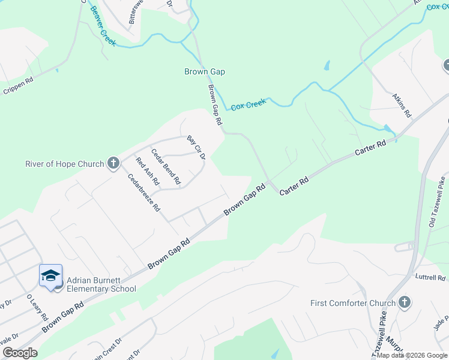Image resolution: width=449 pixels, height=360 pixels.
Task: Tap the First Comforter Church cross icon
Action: [x=404, y=302]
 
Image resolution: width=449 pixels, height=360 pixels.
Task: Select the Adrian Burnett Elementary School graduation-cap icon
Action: [x=50, y=275]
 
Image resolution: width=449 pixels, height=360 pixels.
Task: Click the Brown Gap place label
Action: [x=204, y=71]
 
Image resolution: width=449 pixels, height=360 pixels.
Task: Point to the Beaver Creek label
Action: [x=101, y=22]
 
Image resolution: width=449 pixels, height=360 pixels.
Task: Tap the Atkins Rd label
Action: [x=402, y=104]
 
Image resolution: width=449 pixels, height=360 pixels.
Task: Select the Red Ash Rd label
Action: [x=147, y=171]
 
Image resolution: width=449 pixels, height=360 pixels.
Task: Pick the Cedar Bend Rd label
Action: [x=166, y=166]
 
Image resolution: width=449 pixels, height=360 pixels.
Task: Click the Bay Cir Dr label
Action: [x=196, y=148]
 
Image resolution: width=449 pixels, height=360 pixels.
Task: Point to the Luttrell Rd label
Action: [x=430, y=278]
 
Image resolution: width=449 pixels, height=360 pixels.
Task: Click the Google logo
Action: [x=20, y=353]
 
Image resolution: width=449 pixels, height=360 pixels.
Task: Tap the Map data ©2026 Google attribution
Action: [x=412, y=355]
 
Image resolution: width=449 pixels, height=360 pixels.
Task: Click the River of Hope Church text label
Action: [x=65, y=163]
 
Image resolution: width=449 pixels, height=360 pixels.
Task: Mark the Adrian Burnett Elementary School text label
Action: [x=101, y=284]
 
